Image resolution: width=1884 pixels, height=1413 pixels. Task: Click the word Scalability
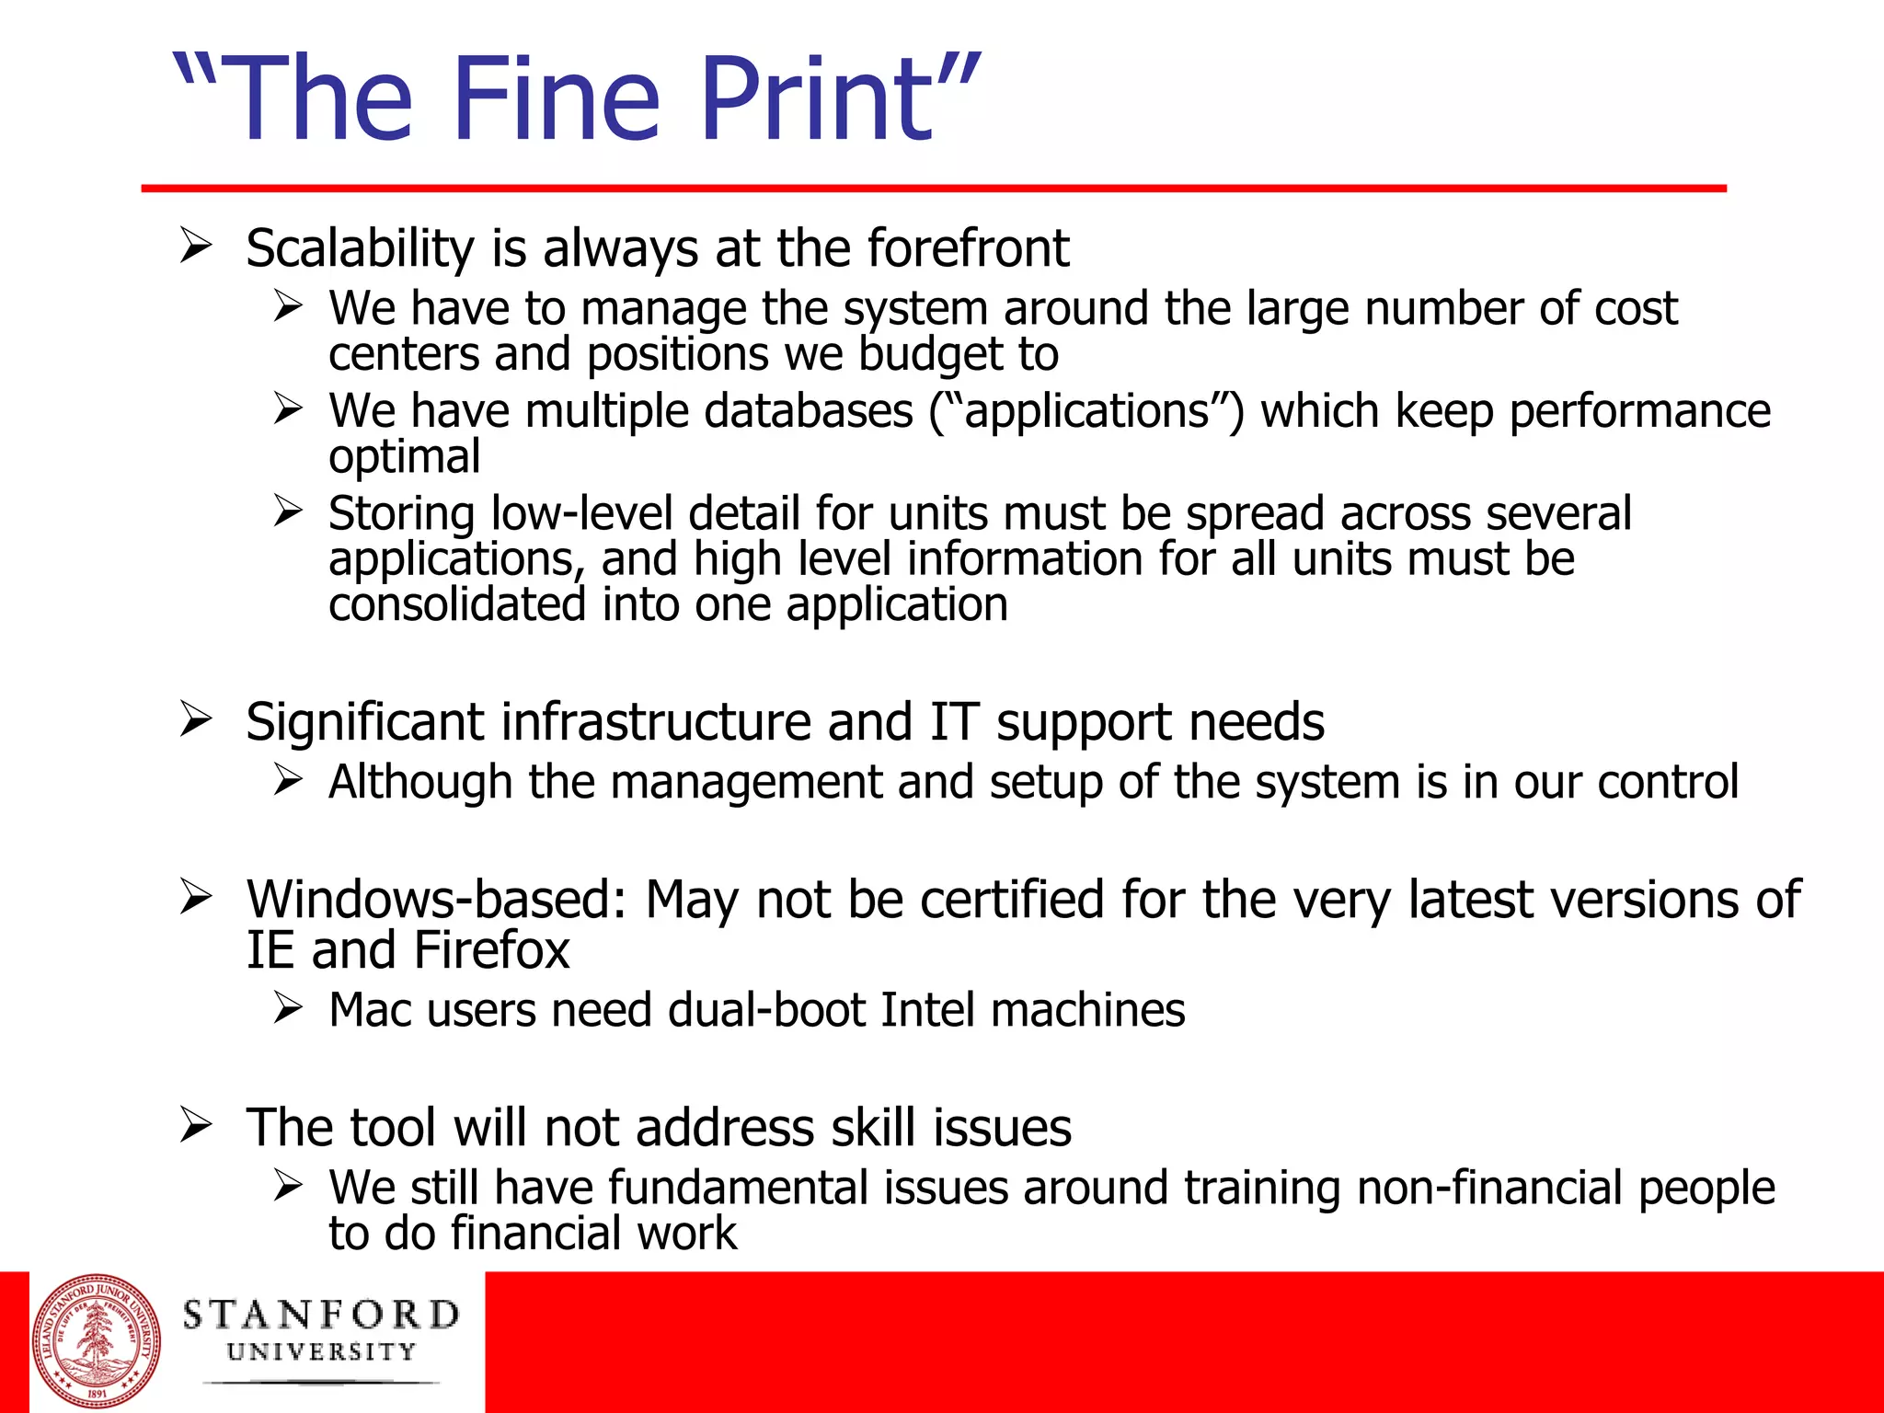point(360,248)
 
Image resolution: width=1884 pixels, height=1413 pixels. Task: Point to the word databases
point(809,410)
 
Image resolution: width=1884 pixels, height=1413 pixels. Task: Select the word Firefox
point(491,950)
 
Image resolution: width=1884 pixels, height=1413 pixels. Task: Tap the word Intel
point(927,1010)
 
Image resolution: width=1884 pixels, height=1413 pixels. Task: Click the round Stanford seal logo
point(97,1341)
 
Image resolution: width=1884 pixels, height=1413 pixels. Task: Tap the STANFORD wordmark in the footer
point(321,1315)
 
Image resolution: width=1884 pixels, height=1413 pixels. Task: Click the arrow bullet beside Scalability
point(196,246)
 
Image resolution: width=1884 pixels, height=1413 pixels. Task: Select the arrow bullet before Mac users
point(288,1008)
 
